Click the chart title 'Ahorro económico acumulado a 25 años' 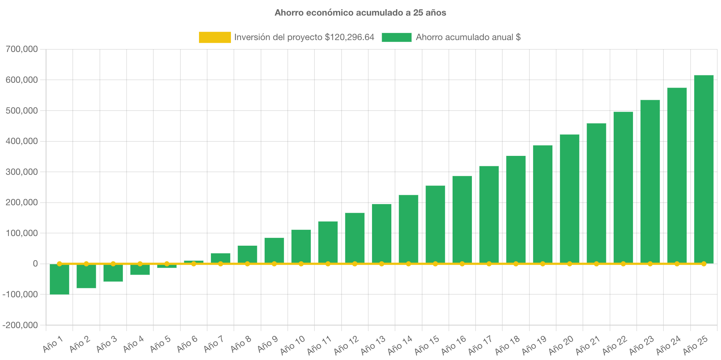click(x=360, y=13)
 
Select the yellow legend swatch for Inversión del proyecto click(x=215, y=37)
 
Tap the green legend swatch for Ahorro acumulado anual click(x=397, y=37)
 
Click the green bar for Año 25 click(x=704, y=169)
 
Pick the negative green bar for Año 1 click(x=59, y=279)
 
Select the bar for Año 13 click(x=382, y=233)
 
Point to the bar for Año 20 click(x=570, y=199)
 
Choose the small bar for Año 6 click(x=194, y=262)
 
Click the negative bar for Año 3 click(x=113, y=273)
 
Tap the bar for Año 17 click(x=489, y=215)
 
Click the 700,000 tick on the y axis click(x=22, y=49)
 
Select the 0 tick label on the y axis click(x=35, y=264)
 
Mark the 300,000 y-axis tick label click(x=22, y=172)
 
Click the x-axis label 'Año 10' click(x=293, y=345)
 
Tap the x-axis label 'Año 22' click(x=615, y=345)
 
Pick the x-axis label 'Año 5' click(x=160, y=344)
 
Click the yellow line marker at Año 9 click(x=274, y=264)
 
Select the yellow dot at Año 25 click(x=704, y=264)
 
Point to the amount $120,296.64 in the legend click(x=349, y=37)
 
